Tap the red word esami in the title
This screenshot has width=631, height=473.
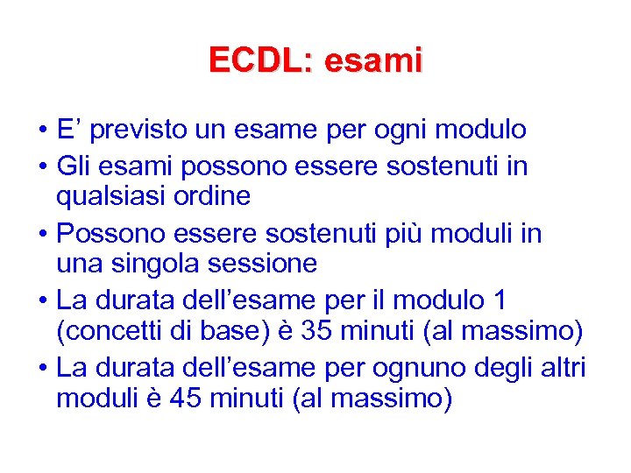pyautogui.click(x=372, y=60)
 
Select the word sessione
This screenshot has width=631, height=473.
pyautogui.click(x=266, y=263)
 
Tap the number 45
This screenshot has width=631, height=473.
pyautogui.click(x=184, y=399)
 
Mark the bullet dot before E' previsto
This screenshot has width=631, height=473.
pyautogui.click(x=43, y=131)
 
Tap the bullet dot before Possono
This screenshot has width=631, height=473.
pyautogui.click(x=43, y=235)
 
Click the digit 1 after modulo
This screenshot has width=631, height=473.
pyautogui.click(x=499, y=300)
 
